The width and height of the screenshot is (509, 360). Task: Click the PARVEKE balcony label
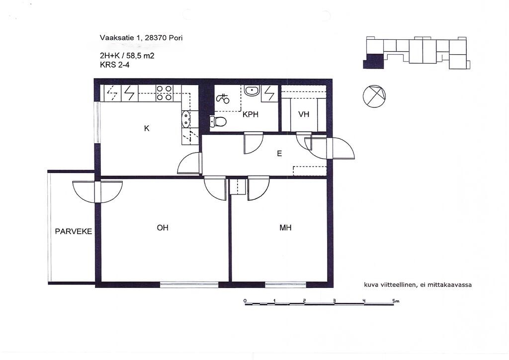(74, 231)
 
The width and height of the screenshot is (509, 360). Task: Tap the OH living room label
(163, 228)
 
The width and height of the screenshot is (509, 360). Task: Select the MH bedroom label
(285, 228)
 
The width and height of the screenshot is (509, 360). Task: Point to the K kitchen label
(147, 129)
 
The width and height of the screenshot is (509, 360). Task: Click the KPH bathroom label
(251, 114)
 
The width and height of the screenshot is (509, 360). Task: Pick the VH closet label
(304, 114)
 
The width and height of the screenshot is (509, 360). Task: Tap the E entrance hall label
(279, 154)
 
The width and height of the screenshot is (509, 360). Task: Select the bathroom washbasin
(252, 90)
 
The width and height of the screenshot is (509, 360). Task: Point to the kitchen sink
(186, 119)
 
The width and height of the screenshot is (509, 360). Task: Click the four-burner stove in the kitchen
(164, 93)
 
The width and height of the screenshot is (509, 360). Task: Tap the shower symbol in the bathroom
(223, 98)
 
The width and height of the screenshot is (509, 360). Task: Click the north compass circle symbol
(374, 96)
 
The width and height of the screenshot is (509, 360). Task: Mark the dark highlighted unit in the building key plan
(374, 61)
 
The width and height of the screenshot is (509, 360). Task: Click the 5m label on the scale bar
(395, 301)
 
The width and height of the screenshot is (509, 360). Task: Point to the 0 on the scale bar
(245, 301)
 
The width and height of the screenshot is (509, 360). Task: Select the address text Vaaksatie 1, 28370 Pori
(141, 38)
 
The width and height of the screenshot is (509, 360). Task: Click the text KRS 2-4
(115, 65)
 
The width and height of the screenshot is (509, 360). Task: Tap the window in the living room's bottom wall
(189, 285)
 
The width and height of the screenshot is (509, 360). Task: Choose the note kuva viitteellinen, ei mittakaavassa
(418, 285)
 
